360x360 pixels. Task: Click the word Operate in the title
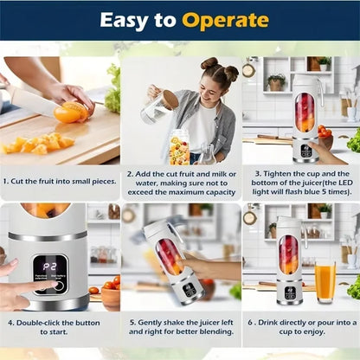point(223,20)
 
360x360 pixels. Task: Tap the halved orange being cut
point(71,112)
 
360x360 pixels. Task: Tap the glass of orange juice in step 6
point(325,282)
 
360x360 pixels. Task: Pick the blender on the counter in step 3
point(305,117)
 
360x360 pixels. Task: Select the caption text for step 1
point(60,181)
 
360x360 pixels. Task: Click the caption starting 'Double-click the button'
point(60,327)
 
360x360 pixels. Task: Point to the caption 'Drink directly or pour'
point(300,327)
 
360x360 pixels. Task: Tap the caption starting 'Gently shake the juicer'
point(180,327)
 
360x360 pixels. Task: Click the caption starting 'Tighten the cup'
point(300,182)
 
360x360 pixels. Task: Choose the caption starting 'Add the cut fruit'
point(180,182)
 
